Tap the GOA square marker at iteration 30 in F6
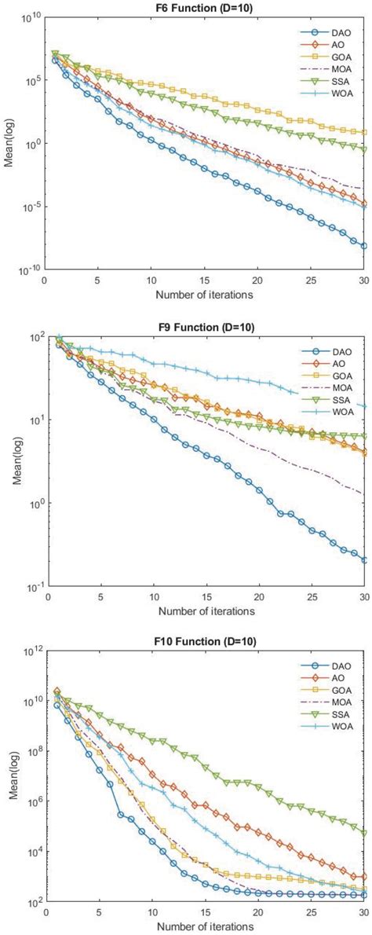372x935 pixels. [x=363, y=132]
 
